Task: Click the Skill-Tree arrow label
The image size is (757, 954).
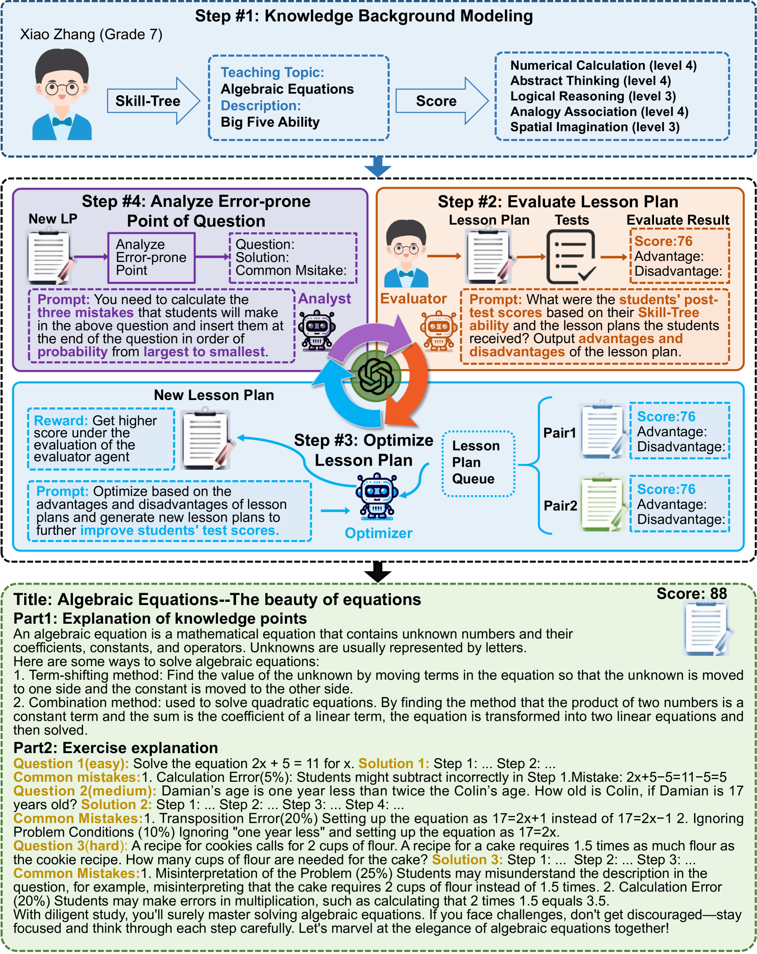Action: click(x=148, y=101)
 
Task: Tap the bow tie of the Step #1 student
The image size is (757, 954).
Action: click(x=62, y=122)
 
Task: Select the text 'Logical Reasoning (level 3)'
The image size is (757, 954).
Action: click(x=593, y=96)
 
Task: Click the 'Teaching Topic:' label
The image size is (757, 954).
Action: click(x=273, y=72)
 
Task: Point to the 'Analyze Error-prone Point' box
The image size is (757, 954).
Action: click(x=151, y=257)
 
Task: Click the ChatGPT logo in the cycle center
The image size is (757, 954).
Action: click(x=376, y=376)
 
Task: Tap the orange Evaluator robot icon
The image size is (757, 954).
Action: click(x=438, y=330)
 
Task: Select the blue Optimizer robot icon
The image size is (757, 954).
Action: click(x=377, y=496)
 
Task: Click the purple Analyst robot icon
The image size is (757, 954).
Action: click(x=317, y=330)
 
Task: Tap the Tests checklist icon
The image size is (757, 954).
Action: click(x=571, y=256)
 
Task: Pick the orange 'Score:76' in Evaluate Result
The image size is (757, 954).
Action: click(x=663, y=241)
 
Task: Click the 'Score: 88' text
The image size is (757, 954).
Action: click(x=691, y=593)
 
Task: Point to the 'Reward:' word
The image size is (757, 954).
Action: click(x=61, y=421)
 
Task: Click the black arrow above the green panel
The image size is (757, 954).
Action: click(x=378, y=572)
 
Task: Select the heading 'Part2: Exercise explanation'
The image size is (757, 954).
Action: click(x=116, y=748)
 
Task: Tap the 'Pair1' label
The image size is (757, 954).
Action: click(x=560, y=432)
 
